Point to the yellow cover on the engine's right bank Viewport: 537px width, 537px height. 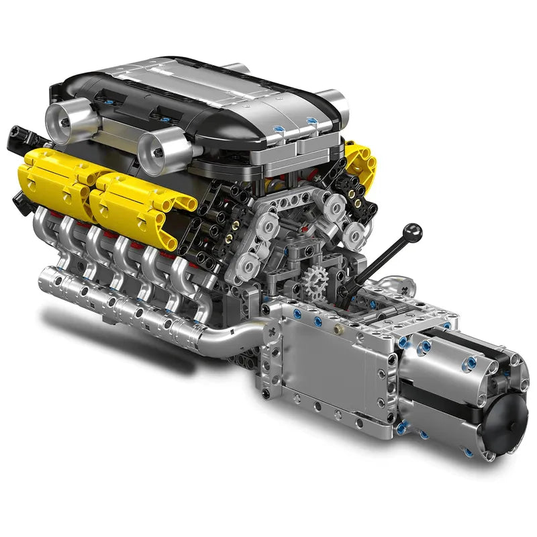[360, 160]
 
